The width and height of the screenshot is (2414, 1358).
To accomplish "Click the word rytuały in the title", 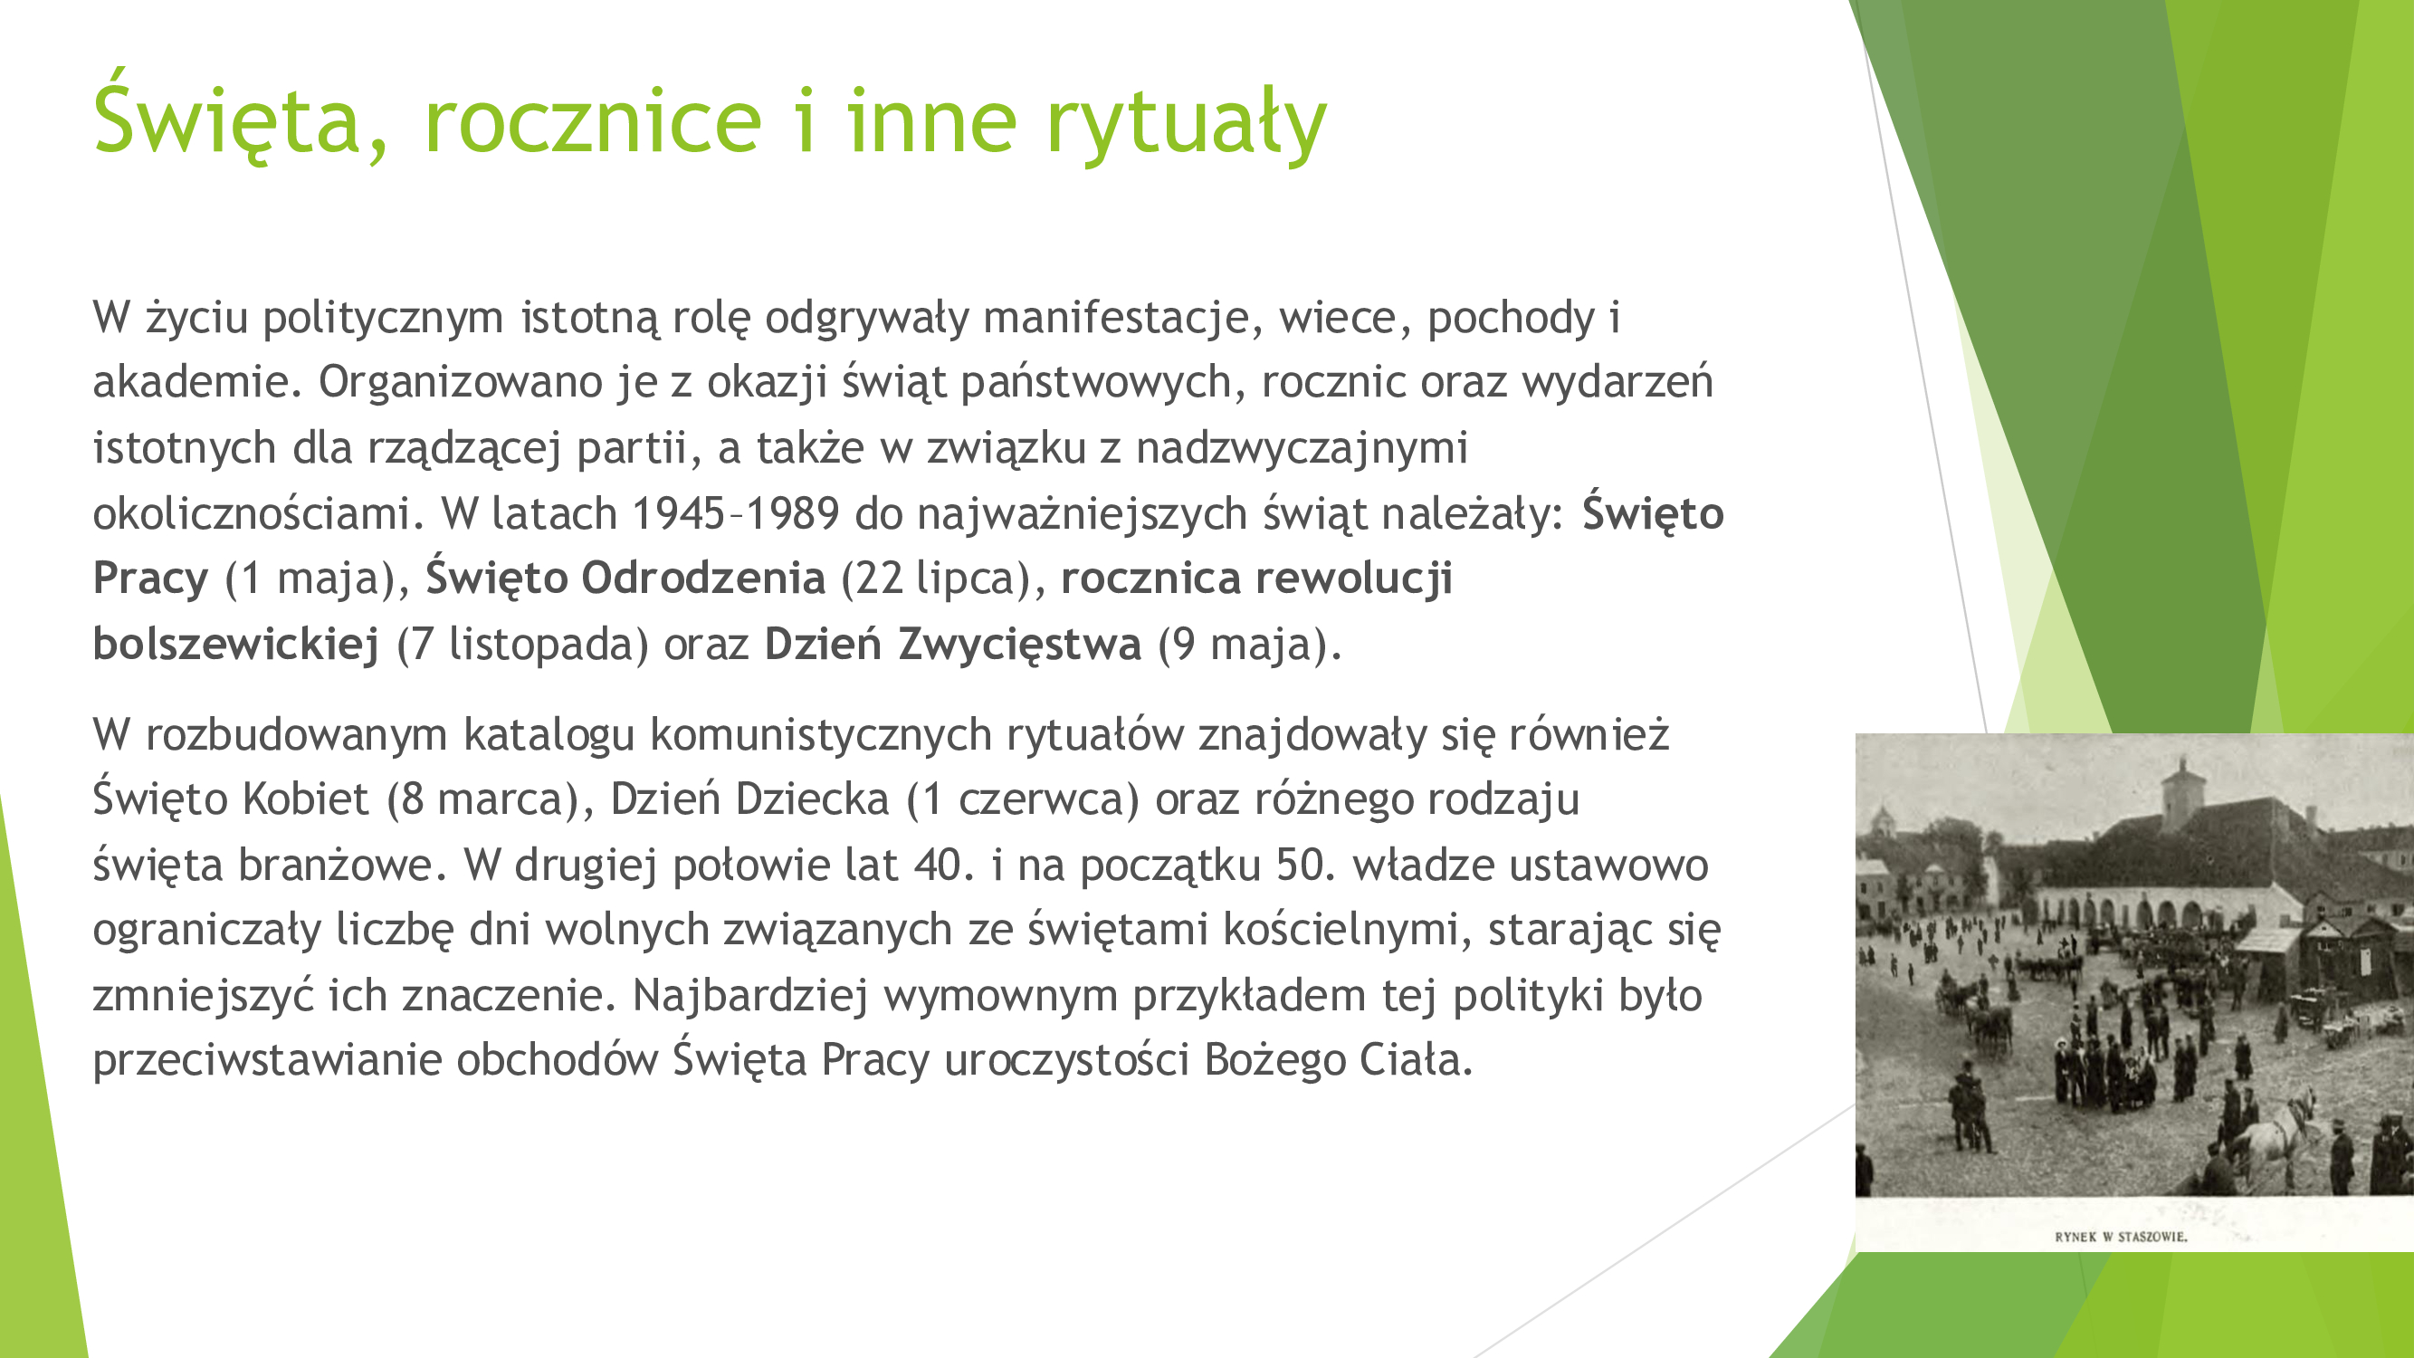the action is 1186,125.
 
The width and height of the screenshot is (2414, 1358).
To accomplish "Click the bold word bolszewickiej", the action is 236,644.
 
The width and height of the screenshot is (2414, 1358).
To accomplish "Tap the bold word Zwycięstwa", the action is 1019,645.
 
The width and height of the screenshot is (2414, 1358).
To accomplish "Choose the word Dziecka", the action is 812,799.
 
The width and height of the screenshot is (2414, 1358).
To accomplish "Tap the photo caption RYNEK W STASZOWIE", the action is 2122,1237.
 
